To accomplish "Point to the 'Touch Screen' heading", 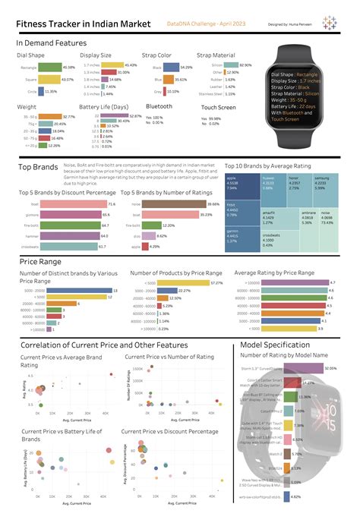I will [219, 107].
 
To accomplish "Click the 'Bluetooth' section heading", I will [159, 107].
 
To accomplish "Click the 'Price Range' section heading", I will [39, 261].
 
